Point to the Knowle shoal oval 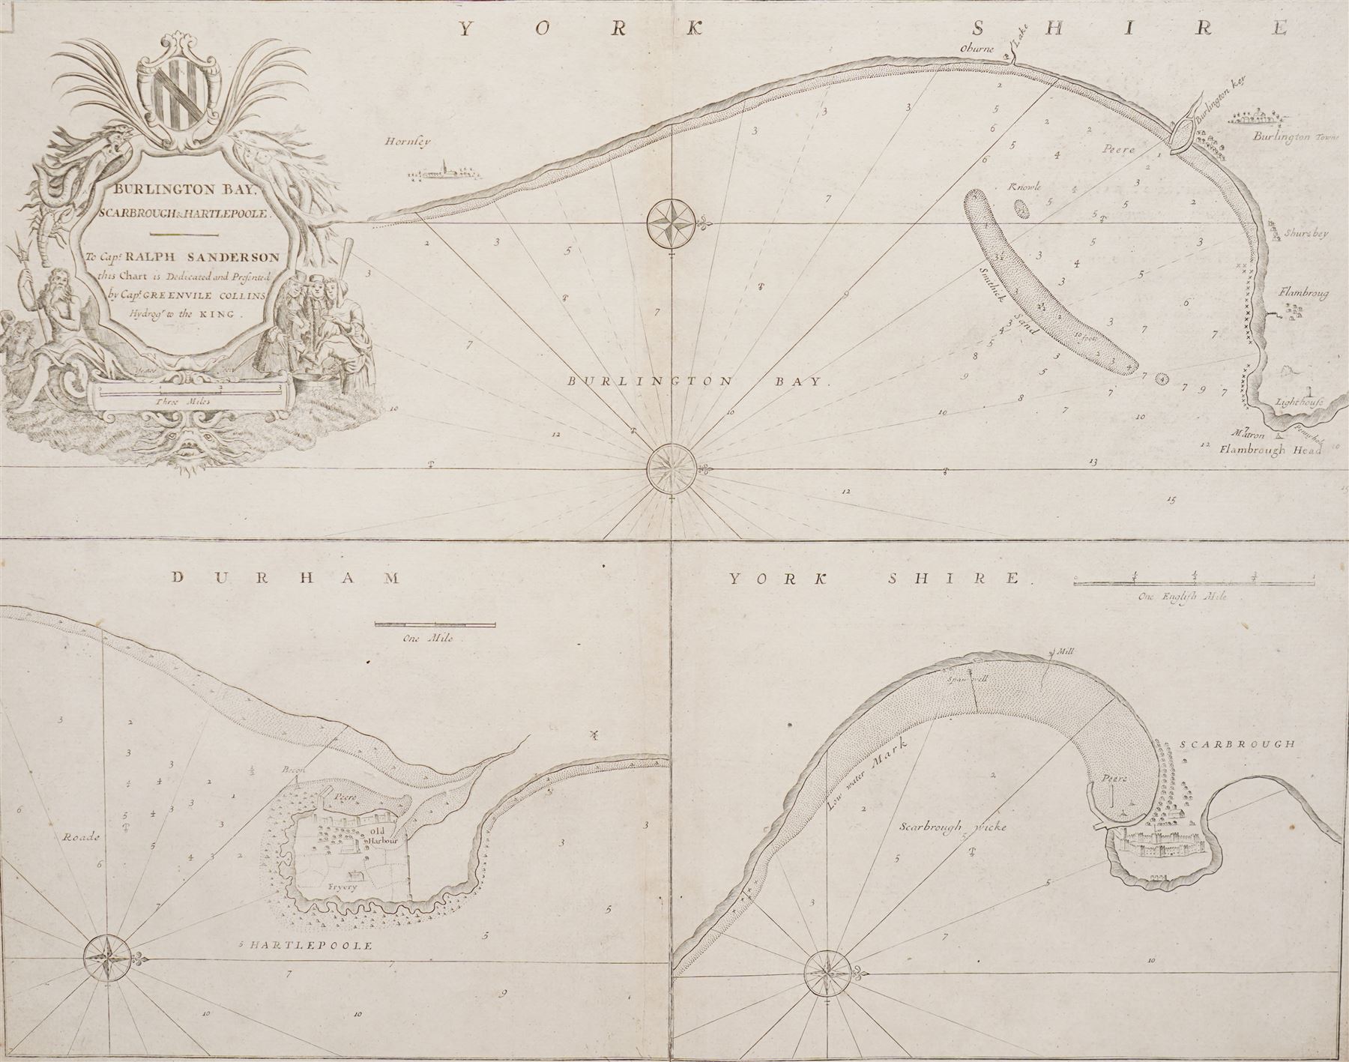(1021, 208)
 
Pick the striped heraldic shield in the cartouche (181, 93)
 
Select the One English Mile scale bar (1193, 582)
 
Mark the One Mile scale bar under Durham (434, 624)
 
